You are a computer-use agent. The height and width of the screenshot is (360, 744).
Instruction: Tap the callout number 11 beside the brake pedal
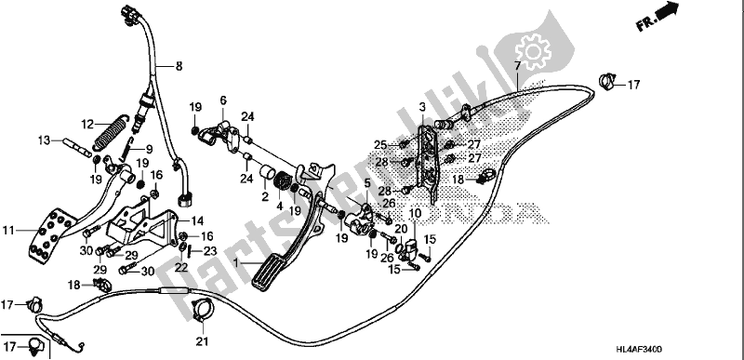[10, 229]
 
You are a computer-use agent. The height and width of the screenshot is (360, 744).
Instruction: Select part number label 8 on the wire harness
[180, 66]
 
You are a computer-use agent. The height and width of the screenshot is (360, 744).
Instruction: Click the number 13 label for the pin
[43, 140]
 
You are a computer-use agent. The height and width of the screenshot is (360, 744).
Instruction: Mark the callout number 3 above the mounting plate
[420, 109]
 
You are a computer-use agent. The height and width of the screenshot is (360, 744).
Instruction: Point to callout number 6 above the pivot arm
[223, 100]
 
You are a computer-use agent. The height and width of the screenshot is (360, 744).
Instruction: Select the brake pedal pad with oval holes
[46, 234]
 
